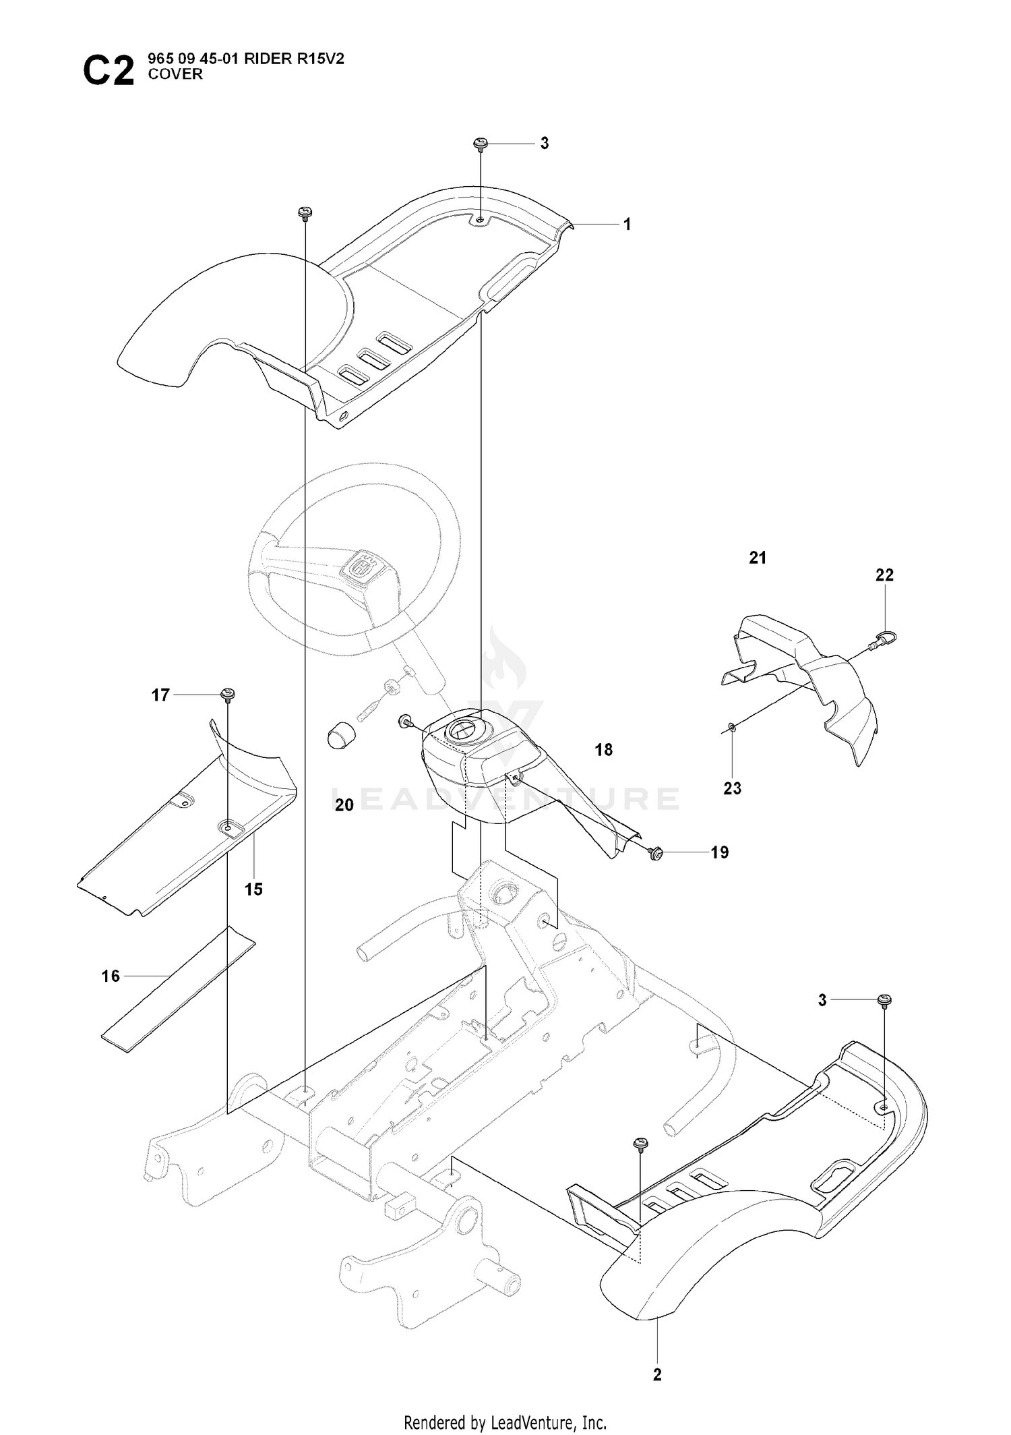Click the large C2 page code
pos(109,71)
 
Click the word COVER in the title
pos(175,74)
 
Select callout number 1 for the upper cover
pos(627,225)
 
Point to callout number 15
pos(253,889)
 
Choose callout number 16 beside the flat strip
pos(111,976)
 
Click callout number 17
pos(160,695)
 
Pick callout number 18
pos(604,749)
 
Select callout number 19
pos(720,852)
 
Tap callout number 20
pos(344,804)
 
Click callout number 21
pos(758,558)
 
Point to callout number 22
pos(884,575)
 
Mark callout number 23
pos(732,788)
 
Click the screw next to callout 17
pos(228,695)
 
